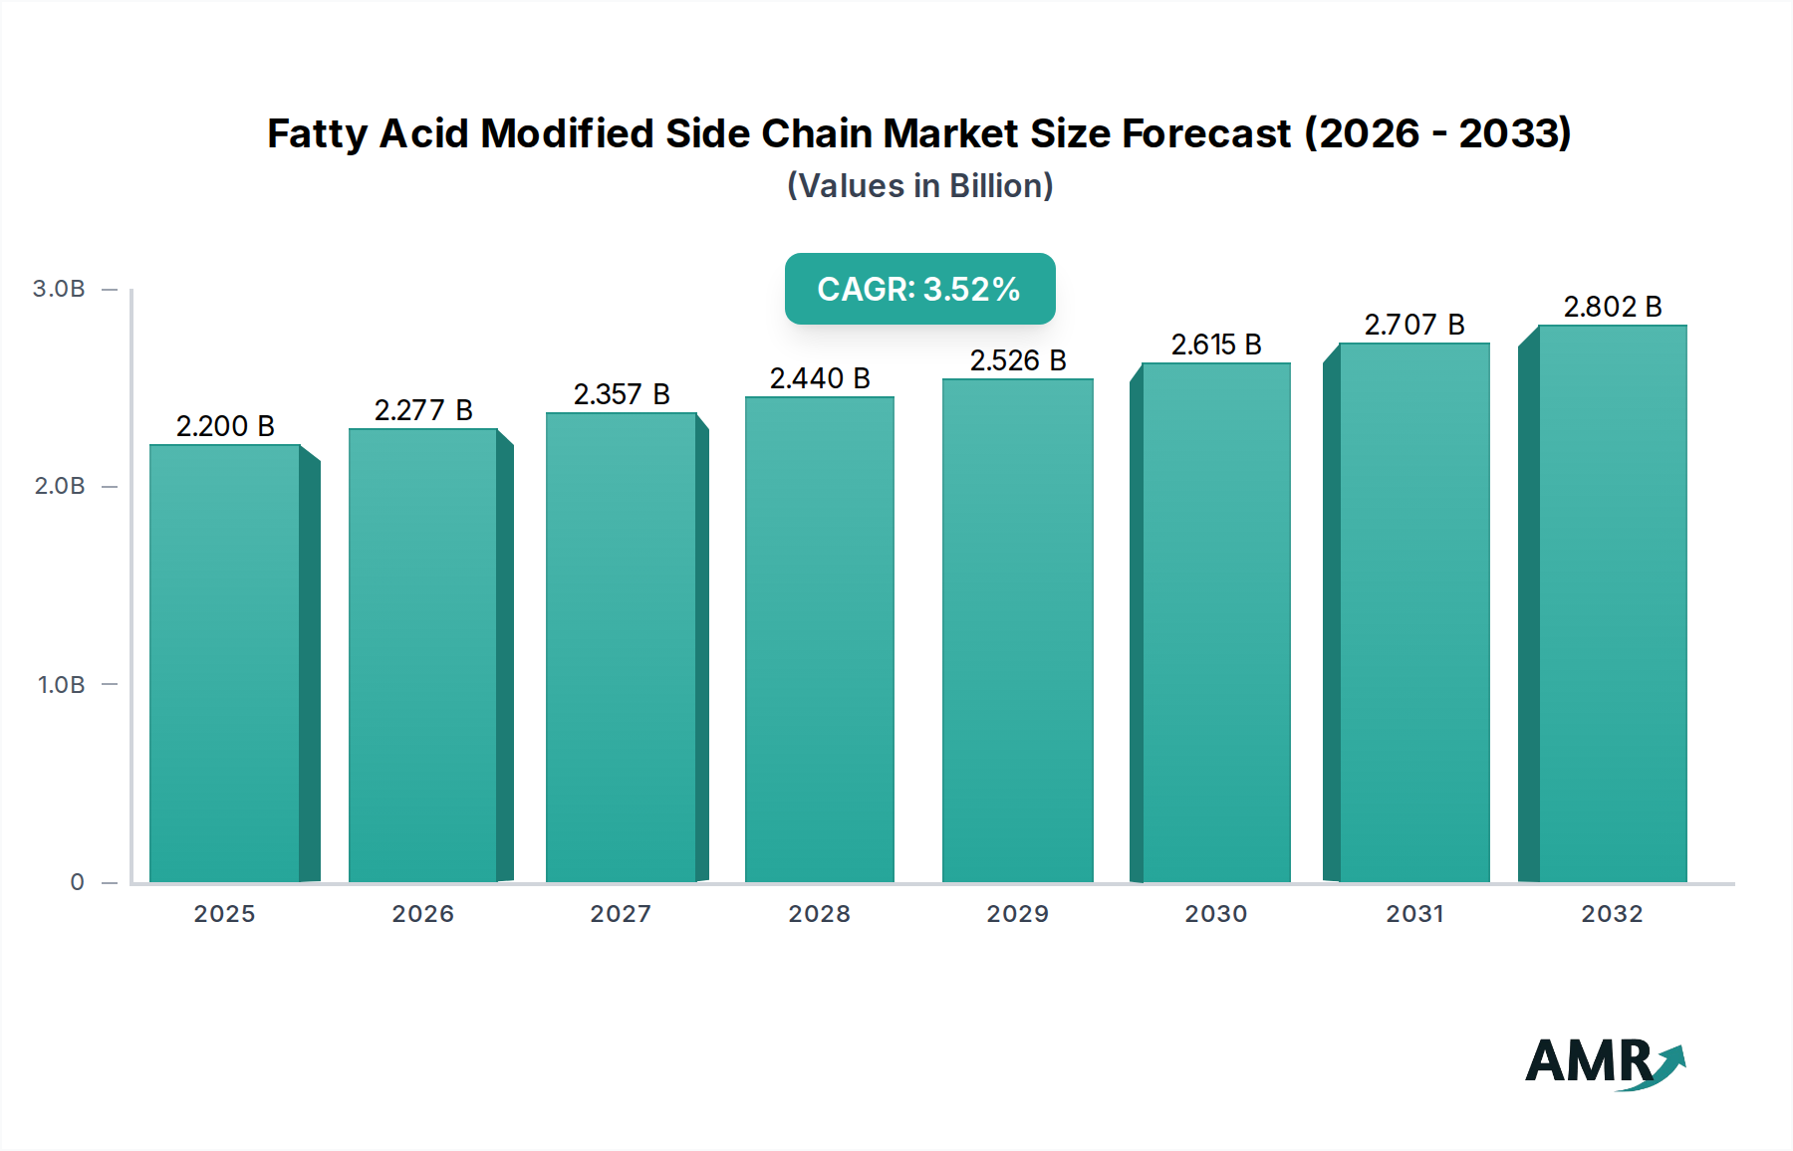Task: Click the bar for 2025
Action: pos(225,663)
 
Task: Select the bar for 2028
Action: pos(819,639)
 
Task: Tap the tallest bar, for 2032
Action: pos(1612,603)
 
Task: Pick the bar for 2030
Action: pos(1215,622)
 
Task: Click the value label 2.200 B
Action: pos(225,426)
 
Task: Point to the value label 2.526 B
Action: pos(1018,360)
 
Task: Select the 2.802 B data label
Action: pos(1612,307)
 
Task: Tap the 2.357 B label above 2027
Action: pos(622,394)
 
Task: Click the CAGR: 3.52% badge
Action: pos(919,289)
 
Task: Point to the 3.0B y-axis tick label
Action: pos(59,289)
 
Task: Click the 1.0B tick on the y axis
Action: pos(61,685)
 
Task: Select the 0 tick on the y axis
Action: pos(77,882)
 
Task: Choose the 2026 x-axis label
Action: pos(422,914)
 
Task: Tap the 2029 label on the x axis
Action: pos(1017,914)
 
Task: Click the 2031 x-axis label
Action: pos(1414,914)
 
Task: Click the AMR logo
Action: pos(1604,1062)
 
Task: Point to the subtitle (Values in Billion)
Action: pos(919,186)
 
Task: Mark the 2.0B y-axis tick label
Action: pos(60,486)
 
